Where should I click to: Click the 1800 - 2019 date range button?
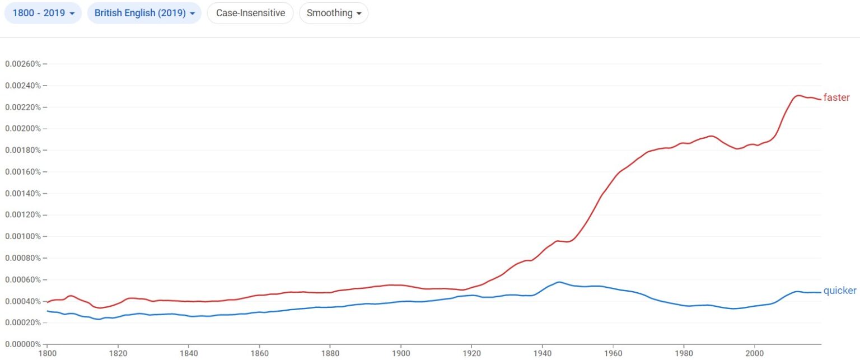tap(43, 13)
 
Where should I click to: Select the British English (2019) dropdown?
tap(144, 13)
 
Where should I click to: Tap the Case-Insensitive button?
tap(250, 13)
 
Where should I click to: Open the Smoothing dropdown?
tap(334, 13)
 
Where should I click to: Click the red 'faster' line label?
tap(836, 97)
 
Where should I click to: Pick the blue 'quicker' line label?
tap(839, 291)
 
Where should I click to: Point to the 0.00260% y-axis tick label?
tap(23, 64)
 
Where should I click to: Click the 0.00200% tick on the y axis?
tap(23, 129)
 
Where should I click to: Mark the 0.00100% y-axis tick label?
tap(23, 236)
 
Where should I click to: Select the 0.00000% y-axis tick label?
tap(23, 344)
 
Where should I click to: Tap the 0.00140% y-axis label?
tap(23, 193)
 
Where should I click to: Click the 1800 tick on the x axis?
tap(47, 354)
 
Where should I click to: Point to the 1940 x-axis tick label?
tap(542, 354)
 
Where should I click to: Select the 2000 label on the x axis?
tap(754, 354)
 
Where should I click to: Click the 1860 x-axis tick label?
tap(259, 354)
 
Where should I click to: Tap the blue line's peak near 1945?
tap(558, 282)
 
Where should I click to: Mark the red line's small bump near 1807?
tap(71, 296)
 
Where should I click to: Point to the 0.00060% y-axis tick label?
tap(23, 279)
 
